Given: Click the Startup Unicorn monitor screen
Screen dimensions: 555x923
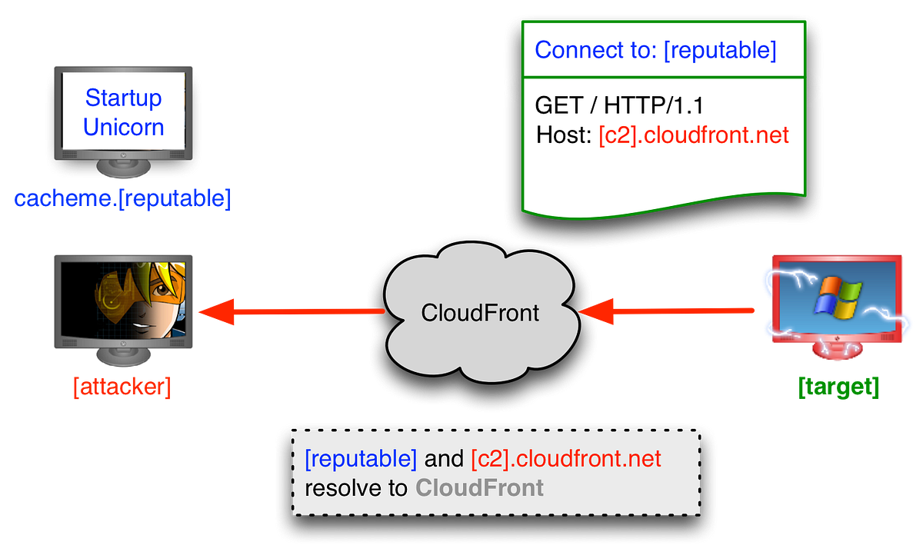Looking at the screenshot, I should pos(123,111).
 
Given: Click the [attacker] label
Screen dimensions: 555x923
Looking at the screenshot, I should pos(122,388).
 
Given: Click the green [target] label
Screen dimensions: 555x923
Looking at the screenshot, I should pos(838,388).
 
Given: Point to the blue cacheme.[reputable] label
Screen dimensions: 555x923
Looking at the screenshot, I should pos(122,199).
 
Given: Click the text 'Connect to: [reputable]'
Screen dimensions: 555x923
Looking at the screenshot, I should pos(655,51).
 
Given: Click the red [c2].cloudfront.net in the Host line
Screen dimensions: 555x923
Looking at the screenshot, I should pos(694,136).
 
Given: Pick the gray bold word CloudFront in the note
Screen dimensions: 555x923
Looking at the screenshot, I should pos(479,487).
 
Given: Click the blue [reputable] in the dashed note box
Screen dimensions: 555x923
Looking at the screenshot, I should pos(361,460).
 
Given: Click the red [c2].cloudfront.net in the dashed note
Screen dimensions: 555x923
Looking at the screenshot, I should pos(565,460).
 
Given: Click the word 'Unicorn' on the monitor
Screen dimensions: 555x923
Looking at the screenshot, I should pos(123,127).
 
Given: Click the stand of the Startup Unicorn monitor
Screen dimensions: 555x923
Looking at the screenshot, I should pos(123,168).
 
